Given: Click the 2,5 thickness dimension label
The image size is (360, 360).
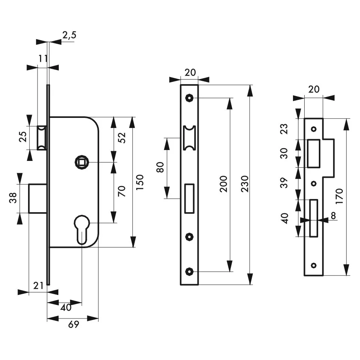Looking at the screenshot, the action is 69,35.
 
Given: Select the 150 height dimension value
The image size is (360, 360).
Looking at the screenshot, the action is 140,182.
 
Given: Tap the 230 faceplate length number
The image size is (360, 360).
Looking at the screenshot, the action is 245,184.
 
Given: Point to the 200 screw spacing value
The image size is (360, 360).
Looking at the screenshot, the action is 223,184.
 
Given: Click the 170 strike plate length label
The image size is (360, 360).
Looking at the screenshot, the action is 339,196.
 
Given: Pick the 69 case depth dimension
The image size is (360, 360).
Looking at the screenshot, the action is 73,324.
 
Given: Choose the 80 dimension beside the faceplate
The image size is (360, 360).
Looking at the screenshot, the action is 160,167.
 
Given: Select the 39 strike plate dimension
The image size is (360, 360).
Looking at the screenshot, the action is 284,183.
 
